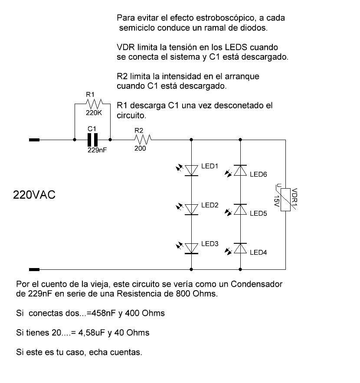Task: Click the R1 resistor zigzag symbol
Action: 95,104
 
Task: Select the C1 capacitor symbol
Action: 92,140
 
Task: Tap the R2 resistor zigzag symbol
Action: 143,140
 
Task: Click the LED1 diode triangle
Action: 191,170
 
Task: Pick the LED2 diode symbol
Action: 191,210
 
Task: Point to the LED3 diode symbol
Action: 191,249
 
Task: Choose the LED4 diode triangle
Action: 240,249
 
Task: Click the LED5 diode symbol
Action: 240,210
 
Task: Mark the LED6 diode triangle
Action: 240,170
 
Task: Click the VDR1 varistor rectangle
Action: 285,200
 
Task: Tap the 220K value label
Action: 94,113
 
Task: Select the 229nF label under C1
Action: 97,150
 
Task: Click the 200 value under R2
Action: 140,148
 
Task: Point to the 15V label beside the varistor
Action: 276,201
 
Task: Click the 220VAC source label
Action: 34,195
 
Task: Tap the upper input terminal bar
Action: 34,140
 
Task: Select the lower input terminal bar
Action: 34,270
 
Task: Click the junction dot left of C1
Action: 75,140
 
